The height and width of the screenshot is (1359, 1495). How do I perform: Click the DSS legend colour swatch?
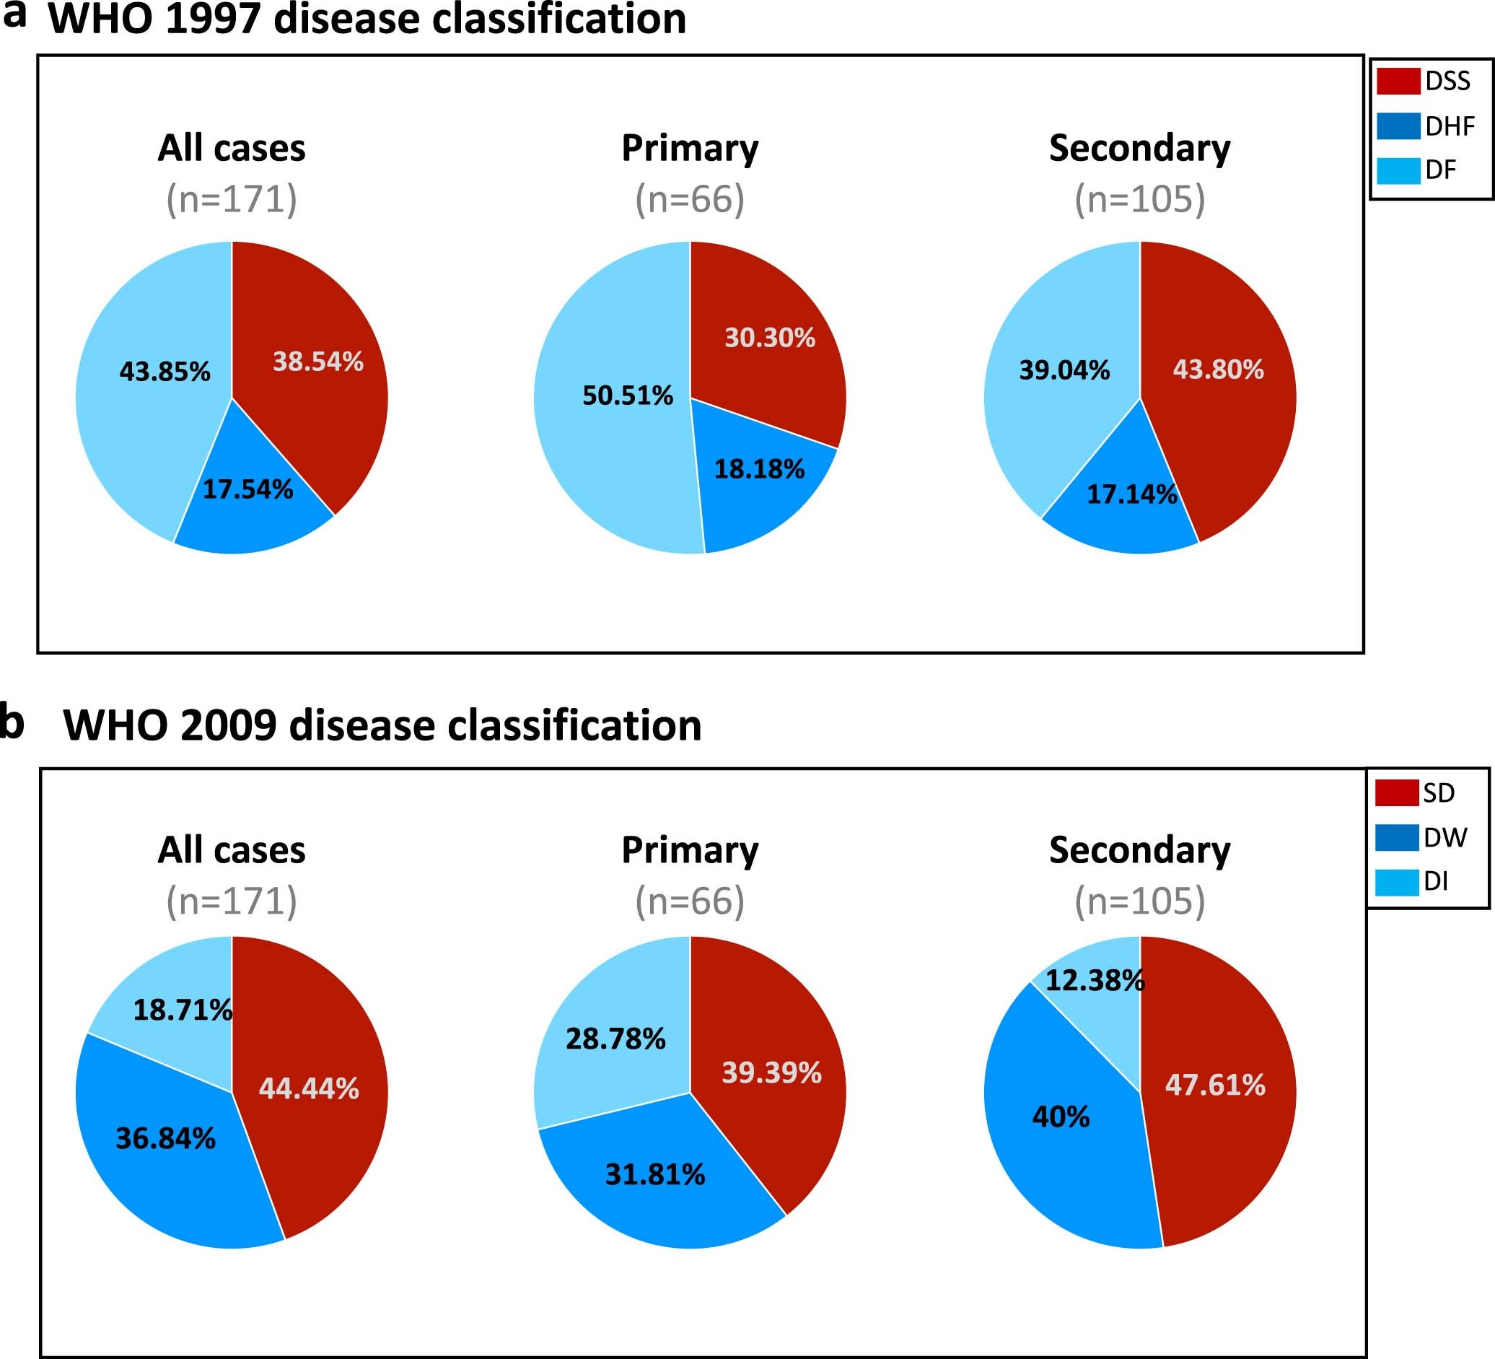pos(1398,81)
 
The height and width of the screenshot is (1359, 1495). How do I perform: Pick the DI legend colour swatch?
pos(1397,882)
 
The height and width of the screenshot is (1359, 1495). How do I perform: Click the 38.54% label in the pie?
pos(318,362)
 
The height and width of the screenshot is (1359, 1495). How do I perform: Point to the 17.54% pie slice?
pos(252,512)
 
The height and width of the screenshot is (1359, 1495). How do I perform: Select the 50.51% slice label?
pos(628,396)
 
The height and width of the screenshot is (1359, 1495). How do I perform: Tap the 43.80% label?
pos(1219,370)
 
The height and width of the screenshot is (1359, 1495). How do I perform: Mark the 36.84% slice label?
pos(165,1138)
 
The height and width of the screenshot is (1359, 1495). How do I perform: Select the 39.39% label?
pos(772,1072)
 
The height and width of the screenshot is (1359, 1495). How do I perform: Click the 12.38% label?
pos(1095,981)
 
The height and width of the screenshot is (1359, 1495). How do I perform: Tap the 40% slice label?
pos(1061,1117)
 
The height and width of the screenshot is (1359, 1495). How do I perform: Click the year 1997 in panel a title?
pos(213,19)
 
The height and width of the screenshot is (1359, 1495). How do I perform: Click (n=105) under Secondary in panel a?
pos(1140,198)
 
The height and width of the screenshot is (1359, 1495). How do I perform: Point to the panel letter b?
pos(11,721)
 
